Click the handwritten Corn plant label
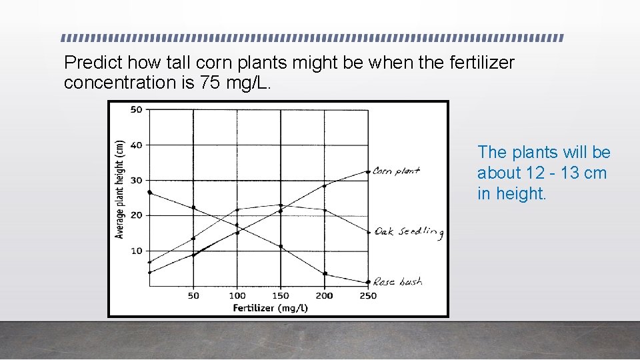[x=396, y=171]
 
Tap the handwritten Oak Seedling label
[x=409, y=231]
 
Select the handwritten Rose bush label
[x=397, y=282]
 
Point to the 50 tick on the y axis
[x=136, y=109]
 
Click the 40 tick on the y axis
[x=136, y=145]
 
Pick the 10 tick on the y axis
[x=136, y=251]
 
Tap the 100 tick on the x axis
[x=237, y=295]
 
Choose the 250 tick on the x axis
[x=368, y=295]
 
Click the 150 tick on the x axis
[x=281, y=295]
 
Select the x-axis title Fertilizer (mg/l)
[x=270, y=307]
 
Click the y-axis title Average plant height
[x=120, y=189]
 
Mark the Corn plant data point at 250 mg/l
[x=368, y=171]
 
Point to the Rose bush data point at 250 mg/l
[x=368, y=282]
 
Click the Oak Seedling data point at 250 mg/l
[x=368, y=232]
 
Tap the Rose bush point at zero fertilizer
[x=149, y=193]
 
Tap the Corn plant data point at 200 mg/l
[x=325, y=185]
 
